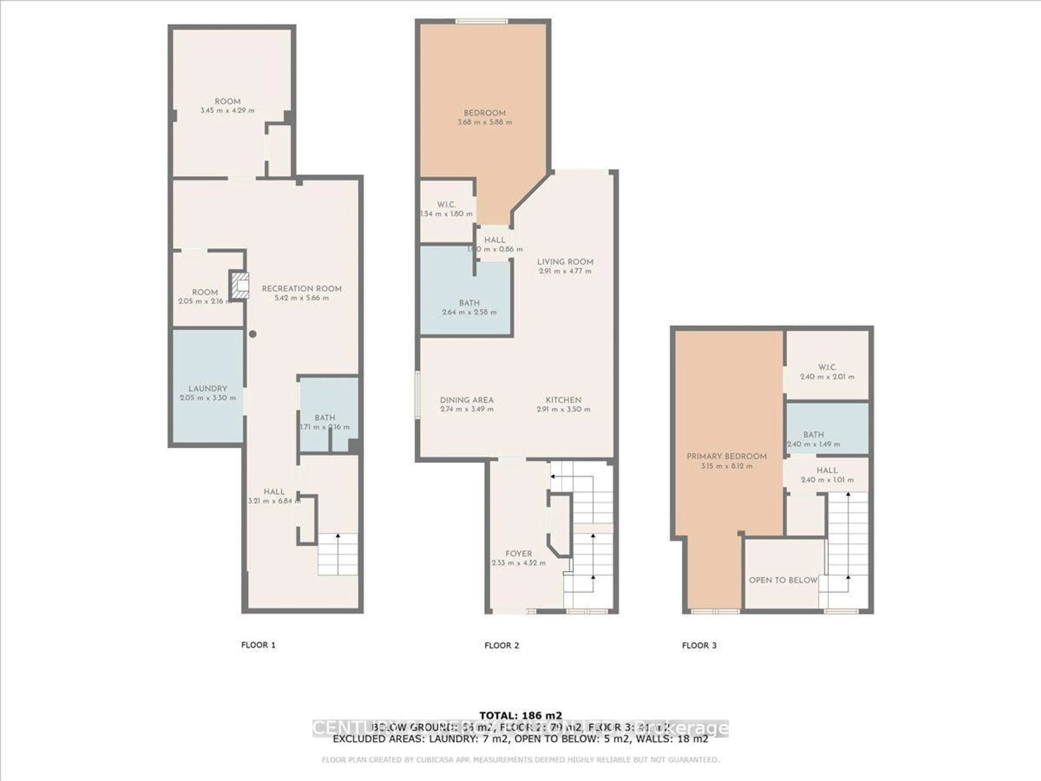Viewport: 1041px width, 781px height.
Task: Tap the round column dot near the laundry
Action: (x=253, y=334)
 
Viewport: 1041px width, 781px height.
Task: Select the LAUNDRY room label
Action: (x=208, y=388)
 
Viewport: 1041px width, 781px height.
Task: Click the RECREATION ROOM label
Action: (x=302, y=289)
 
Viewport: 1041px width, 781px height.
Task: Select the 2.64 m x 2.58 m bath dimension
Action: (x=469, y=312)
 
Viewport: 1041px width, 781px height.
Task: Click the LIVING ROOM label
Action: (x=565, y=262)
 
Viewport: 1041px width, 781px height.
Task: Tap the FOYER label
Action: (x=519, y=554)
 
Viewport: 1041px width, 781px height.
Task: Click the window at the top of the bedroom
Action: (x=481, y=21)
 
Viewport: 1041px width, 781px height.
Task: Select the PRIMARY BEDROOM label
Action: (x=727, y=456)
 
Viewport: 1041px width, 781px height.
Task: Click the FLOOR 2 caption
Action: (x=502, y=645)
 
